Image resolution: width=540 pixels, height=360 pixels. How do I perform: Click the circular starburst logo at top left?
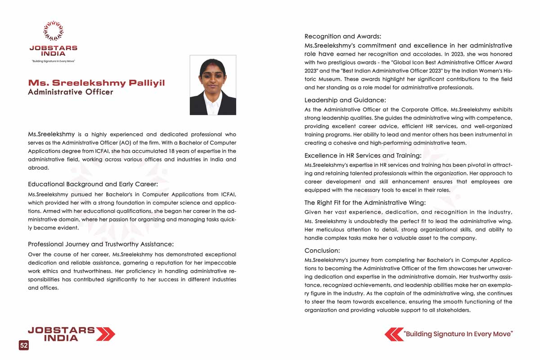53,31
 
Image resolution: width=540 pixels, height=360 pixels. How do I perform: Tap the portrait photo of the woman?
213,85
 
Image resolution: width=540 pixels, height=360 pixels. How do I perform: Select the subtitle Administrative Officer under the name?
71,92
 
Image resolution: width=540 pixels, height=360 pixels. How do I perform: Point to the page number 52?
24,345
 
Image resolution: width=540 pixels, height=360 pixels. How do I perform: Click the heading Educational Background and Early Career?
93,184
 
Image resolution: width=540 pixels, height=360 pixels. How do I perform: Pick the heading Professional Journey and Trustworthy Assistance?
101,244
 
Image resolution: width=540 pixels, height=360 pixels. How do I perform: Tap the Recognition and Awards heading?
342,36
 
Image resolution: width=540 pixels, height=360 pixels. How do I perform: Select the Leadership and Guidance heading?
345,100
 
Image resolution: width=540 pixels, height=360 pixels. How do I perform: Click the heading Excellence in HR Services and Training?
363,156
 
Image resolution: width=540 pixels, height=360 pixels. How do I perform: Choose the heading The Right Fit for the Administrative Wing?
365,203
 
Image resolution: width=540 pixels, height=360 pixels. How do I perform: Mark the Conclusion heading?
322,251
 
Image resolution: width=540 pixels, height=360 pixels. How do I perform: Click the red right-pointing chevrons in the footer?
106,334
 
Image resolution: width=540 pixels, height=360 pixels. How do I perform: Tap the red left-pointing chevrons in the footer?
394,334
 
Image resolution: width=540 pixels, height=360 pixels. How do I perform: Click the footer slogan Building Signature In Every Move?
459,334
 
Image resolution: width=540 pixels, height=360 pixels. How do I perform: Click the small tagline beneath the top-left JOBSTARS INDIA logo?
53,61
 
